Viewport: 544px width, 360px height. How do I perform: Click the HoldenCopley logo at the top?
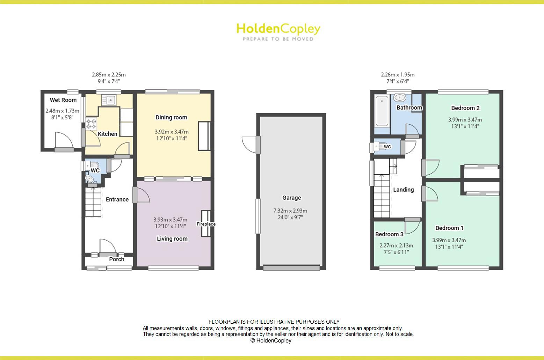coord(278,31)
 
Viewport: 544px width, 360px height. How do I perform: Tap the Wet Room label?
coord(63,100)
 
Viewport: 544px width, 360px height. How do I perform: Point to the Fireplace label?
coord(206,224)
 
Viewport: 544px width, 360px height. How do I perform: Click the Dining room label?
coord(171,117)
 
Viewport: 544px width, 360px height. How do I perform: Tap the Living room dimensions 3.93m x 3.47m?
coord(170,220)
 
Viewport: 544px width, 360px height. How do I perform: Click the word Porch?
coord(117,259)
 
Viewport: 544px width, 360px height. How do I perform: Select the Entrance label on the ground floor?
coord(117,199)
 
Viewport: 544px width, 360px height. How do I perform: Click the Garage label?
coord(291,198)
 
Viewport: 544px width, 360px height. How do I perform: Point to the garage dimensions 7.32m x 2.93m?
coord(290,211)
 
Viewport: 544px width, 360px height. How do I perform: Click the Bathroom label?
coord(409,108)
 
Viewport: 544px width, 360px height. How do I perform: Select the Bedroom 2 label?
coord(465,108)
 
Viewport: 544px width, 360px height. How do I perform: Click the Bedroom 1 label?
coord(449,228)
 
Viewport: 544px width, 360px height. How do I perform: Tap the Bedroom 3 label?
coord(389,234)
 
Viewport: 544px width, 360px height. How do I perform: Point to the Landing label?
coord(403,190)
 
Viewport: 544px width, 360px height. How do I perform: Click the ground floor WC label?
coord(95,170)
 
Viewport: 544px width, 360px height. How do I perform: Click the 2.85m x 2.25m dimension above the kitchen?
coord(109,74)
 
